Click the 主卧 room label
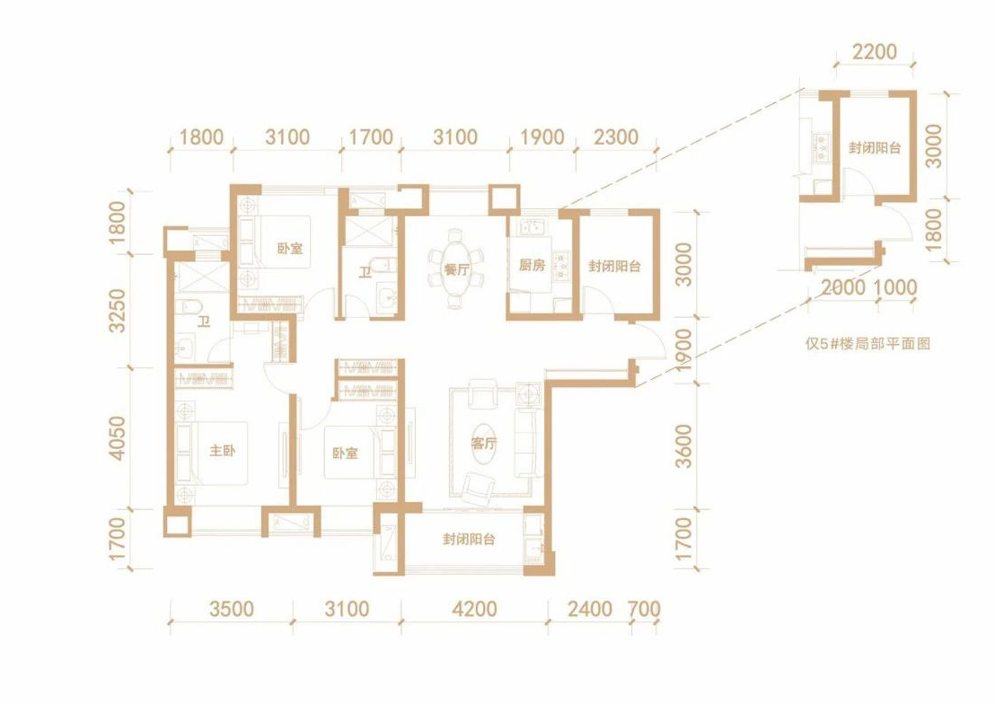click(x=223, y=451)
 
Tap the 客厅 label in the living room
click(x=483, y=443)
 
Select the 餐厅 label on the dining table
click(x=456, y=269)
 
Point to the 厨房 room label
click(x=532, y=265)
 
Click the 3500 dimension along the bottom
click(x=232, y=610)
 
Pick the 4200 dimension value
click(x=474, y=610)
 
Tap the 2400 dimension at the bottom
click(x=589, y=610)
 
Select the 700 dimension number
click(x=644, y=610)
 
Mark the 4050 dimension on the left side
click(x=118, y=438)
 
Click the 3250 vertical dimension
click(x=118, y=311)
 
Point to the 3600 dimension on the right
click(x=683, y=446)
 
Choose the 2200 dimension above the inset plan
click(x=875, y=51)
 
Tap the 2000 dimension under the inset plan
click(x=843, y=287)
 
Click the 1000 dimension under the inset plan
click(x=894, y=287)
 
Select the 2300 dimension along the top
click(x=616, y=137)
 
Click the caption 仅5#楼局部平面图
click(x=867, y=344)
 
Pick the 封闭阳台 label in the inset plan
click(x=875, y=148)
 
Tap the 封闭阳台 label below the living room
click(x=469, y=540)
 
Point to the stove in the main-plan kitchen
click(x=561, y=267)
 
